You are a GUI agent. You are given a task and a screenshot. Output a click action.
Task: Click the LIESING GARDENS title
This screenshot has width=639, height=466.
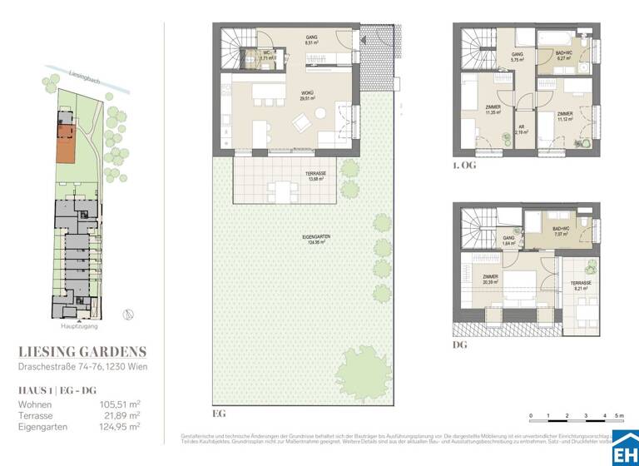pos(82,351)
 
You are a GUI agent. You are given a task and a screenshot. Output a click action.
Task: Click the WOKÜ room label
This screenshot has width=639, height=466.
pos(285,95)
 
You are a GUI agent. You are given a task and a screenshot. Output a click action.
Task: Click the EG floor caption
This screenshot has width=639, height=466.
pos(219,412)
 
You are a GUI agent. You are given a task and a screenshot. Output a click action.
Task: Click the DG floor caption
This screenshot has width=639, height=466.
pos(460,344)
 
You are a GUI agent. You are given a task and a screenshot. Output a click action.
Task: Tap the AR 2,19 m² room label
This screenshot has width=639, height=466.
pos(522,129)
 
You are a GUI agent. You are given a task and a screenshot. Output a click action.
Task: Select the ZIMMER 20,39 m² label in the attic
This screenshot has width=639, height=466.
pos(490,280)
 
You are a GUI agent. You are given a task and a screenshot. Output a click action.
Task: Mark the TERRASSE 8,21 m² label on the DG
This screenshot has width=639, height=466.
pos(580,285)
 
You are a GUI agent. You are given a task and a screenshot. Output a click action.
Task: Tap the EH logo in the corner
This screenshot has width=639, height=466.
pos(625,449)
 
